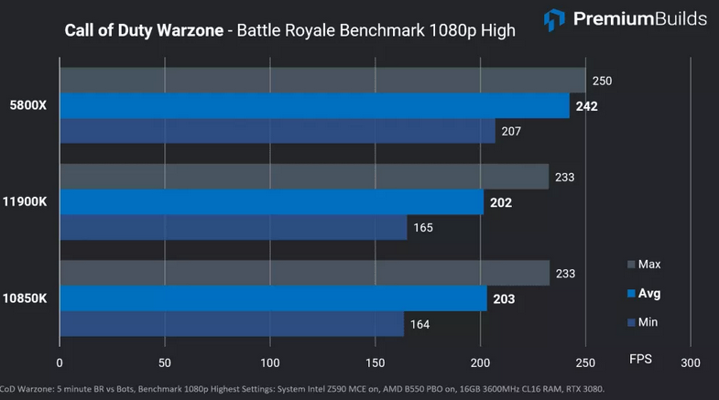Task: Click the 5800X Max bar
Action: (322, 81)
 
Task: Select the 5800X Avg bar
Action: (314, 106)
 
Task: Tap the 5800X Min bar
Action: (277, 131)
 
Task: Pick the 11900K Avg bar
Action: (271, 202)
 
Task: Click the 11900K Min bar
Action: (233, 227)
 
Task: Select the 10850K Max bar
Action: (304, 273)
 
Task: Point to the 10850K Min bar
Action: (232, 324)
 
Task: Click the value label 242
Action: (587, 106)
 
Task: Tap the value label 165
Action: (422, 227)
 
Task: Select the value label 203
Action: (504, 298)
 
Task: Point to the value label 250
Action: (602, 81)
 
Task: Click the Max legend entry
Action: (644, 265)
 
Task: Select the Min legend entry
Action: (643, 322)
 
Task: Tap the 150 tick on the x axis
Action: (375, 362)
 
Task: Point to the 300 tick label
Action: (691, 362)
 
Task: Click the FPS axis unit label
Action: (640, 359)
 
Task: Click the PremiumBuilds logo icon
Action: (554, 19)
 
